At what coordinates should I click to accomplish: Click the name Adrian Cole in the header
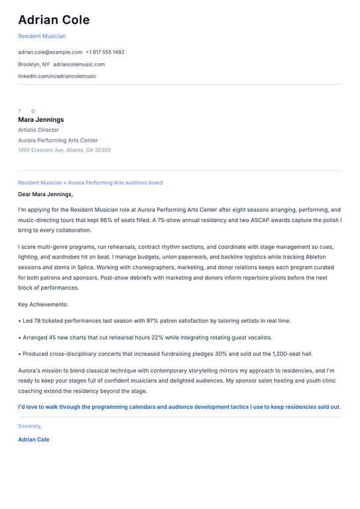pos(54,20)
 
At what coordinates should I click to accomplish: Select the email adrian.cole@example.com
pos(50,52)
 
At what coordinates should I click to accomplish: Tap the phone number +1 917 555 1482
pos(105,52)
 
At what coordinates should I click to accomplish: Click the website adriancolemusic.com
pos(79,64)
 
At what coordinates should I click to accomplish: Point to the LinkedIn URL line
pos(57,76)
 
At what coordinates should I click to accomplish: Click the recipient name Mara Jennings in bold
pos(41,120)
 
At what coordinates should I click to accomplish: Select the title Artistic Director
pos(38,130)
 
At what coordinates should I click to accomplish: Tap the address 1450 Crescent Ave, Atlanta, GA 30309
pos(64,150)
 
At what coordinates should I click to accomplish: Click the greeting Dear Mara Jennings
pos(46,194)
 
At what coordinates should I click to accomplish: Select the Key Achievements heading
pos(43,304)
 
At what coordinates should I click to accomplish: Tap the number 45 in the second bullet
pos(52,337)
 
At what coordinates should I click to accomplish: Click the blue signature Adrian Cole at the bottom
pos(34,439)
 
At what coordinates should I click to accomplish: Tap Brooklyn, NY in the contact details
pos(34,64)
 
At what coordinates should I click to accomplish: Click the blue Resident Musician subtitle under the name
pos(42,36)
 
